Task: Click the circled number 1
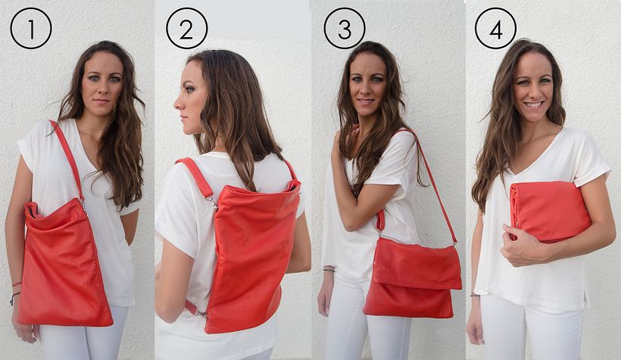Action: tap(31, 28)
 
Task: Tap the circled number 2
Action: tap(186, 28)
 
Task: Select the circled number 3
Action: tap(345, 28)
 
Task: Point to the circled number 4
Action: tap(495, 28)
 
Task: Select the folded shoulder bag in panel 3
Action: tap(412, 277)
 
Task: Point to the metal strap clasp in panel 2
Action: tap(213, 203)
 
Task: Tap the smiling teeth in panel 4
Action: tap(534, 105)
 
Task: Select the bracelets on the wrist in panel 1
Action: tap(16, 291)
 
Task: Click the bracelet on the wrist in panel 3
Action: tap(329, 270)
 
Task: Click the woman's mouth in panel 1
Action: tap(101, 101)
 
